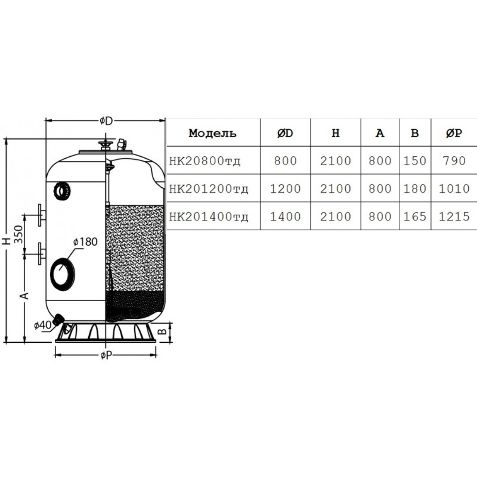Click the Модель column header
point(212,133)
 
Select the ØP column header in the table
point(454,133)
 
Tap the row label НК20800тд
point(205,161)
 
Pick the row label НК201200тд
point(208,189)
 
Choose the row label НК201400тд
point(208,216)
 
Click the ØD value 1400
point(285,216)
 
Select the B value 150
point(415,161)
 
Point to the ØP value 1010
point(454,189)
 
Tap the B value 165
point(415,216)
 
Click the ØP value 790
point(454,161)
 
